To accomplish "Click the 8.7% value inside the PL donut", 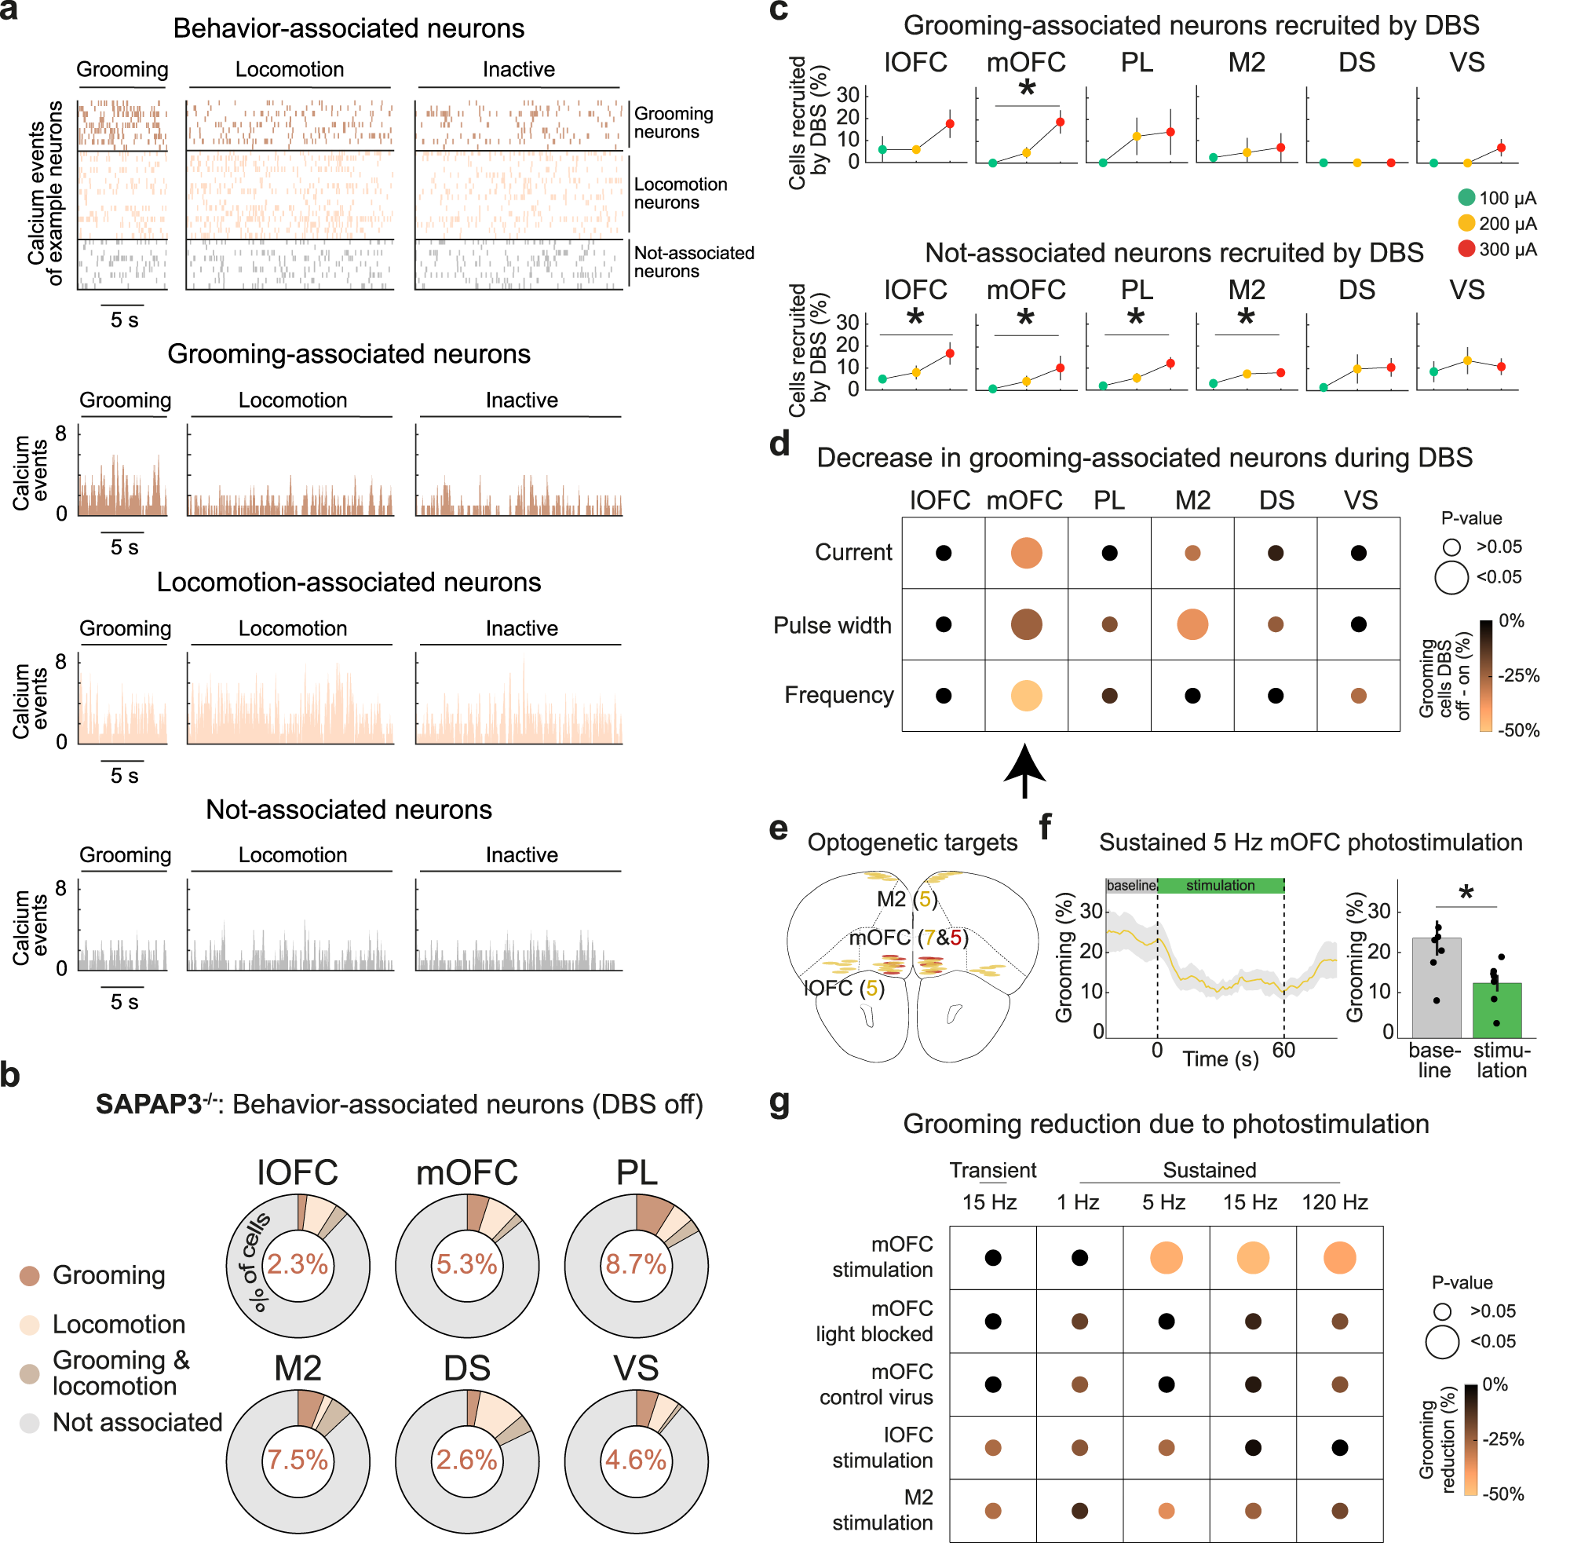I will (x=636, y=1263).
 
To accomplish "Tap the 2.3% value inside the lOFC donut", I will (x=298, y=1263).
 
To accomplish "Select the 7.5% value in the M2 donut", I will (x=298, y=1460).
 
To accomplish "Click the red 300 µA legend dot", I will (x=1466, y=248).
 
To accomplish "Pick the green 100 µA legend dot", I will (x=1466, y=197).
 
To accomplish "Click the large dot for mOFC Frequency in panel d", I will (x=1027, y=695).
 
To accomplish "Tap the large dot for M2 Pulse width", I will (x=1192, y=624).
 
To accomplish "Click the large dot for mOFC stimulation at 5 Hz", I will (x=1166, y=1258).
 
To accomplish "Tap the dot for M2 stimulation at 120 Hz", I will (x=1339, y=1511).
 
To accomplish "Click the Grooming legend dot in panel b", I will (x=30, y=1275).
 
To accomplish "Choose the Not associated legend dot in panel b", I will (x=30, y=1423).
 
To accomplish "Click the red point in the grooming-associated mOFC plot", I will (x=1060, y=122).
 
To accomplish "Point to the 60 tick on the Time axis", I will (x=1284, y=1051).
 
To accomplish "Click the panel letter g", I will (x=780, y=1104).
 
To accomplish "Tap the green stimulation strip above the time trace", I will (x=1220, y=886).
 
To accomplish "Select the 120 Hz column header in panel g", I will (x=1334, y=1202).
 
